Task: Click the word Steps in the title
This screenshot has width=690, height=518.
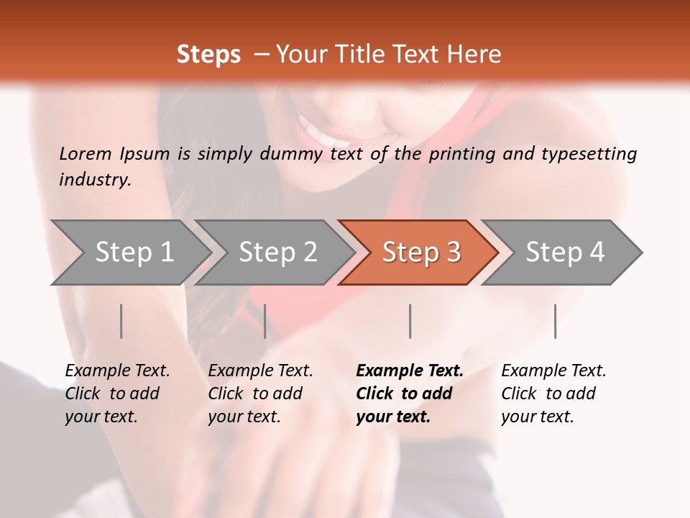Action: (208, 55)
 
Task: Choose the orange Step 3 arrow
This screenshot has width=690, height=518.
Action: (420, 253)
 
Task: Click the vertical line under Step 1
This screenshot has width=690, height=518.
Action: (121, 321)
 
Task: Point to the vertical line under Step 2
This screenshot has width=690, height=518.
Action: (265, 321)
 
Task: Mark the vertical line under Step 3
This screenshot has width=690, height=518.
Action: (410, 321)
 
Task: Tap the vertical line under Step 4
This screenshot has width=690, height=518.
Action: (555, 321)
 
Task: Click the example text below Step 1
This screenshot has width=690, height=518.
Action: (117, 394)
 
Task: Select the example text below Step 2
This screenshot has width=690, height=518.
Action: (260, 394)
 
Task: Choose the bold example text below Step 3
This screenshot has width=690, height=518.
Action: (410, 394)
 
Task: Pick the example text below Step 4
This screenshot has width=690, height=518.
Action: (553, 394)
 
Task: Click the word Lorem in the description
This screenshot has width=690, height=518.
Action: (86, 153)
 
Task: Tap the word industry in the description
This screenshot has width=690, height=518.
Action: (95, 180)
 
